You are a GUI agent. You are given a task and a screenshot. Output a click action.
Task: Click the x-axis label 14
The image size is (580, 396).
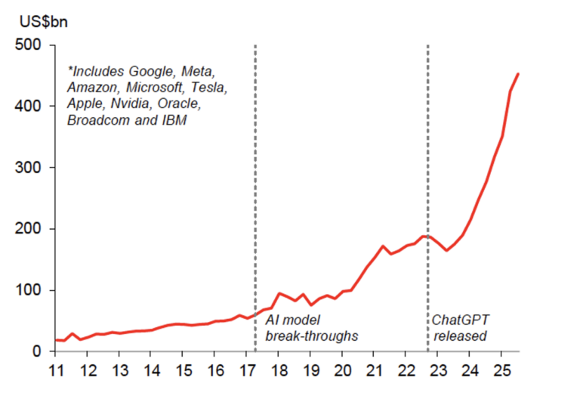click(150, 371)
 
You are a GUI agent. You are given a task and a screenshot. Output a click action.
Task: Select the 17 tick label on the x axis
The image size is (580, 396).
click(246, 371)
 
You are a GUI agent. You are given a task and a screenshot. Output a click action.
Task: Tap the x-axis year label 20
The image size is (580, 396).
click(342, 371)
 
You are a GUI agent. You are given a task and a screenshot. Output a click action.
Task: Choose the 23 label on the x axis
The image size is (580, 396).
click(438, 371)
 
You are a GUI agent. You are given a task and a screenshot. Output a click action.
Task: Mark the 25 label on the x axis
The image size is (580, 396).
click(501, 371)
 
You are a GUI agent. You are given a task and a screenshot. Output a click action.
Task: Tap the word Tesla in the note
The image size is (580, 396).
click(207, 88)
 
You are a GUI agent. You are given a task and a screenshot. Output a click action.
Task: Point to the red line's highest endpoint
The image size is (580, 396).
click(518, 73)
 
